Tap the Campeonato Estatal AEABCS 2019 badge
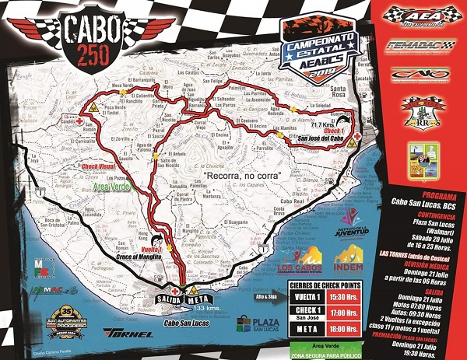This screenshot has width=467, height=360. pyautogui.click(x=317, y=51)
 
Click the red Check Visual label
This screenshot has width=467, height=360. pyautogui.click(x=90, y=166)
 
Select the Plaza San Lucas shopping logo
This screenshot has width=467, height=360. pyautogui.click(x=255, y=322)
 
